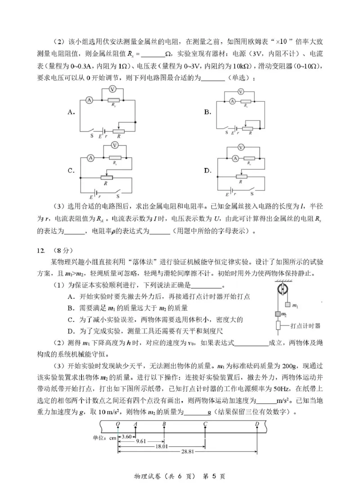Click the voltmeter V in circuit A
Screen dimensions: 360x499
pyautogui.click(x=113, y=89)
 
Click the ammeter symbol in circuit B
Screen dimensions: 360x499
pyautogui.click(x=232, y=102)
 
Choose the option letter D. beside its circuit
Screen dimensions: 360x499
pyautogui.click(x=207, y=171)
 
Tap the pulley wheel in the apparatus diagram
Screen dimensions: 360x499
pyautogui.click(x=283, y=290)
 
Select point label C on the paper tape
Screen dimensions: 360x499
pyautogui.click(x=205, y=424)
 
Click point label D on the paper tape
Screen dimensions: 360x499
pyautogui.click(x=257, y=424)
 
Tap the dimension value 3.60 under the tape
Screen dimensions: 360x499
pyautogui.click(x=127, y=436)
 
